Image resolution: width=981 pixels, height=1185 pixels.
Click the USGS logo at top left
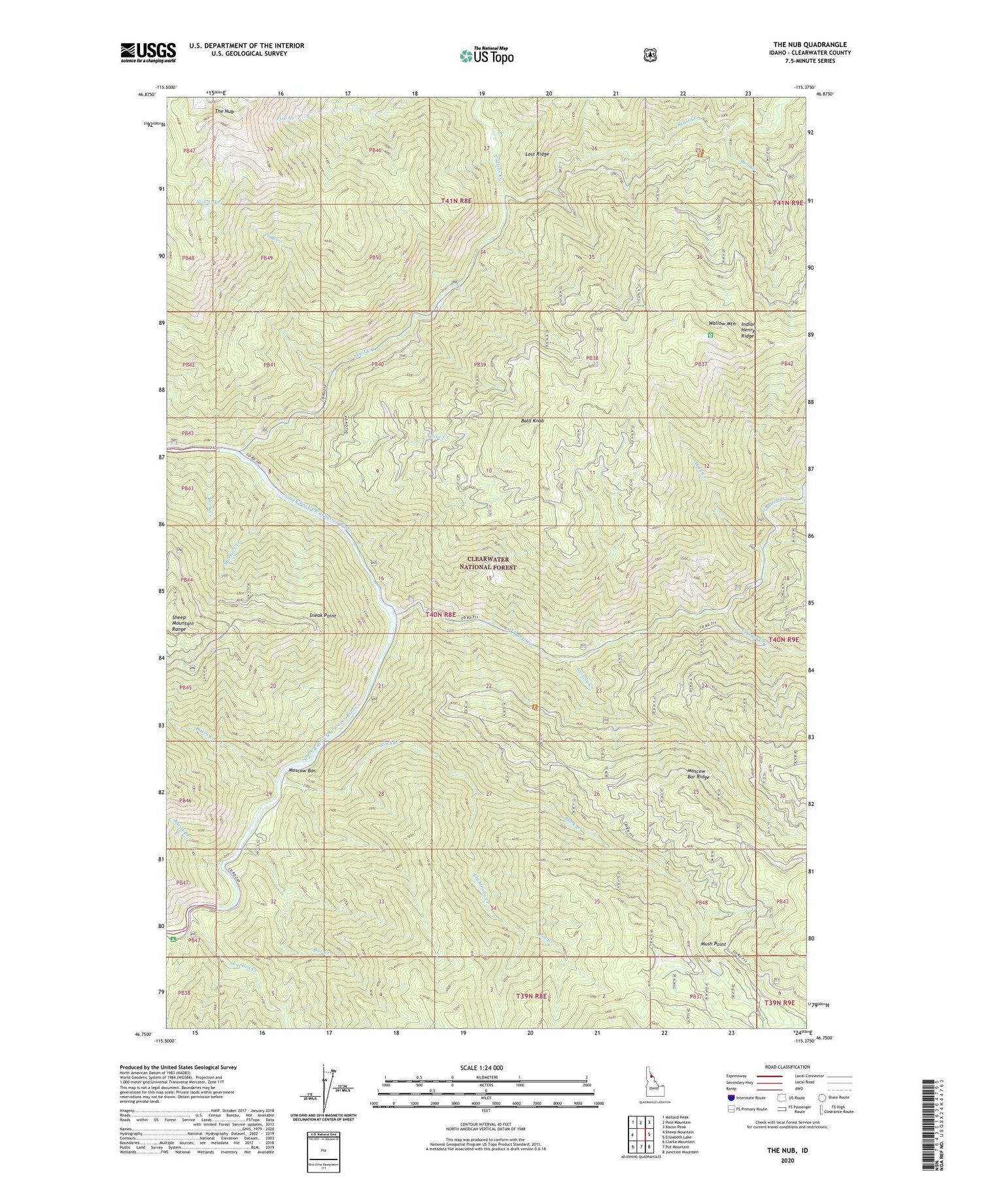point(148,52)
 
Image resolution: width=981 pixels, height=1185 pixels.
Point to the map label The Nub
point(224,112)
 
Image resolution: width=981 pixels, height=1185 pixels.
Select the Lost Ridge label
point(537,154)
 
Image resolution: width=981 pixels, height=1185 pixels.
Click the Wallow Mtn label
point(722,324)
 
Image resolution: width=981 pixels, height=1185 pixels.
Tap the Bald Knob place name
point(532,421)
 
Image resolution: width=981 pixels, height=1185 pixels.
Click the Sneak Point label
point(322,616)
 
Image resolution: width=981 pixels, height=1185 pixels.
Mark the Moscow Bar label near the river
point(302,771)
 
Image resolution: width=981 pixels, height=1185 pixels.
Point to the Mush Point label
point(713,944)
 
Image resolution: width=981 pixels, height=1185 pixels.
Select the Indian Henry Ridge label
point(748,330)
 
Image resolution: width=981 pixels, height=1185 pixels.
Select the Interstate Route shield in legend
point(731,1097)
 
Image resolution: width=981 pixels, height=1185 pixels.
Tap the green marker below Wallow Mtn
point(710,335)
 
